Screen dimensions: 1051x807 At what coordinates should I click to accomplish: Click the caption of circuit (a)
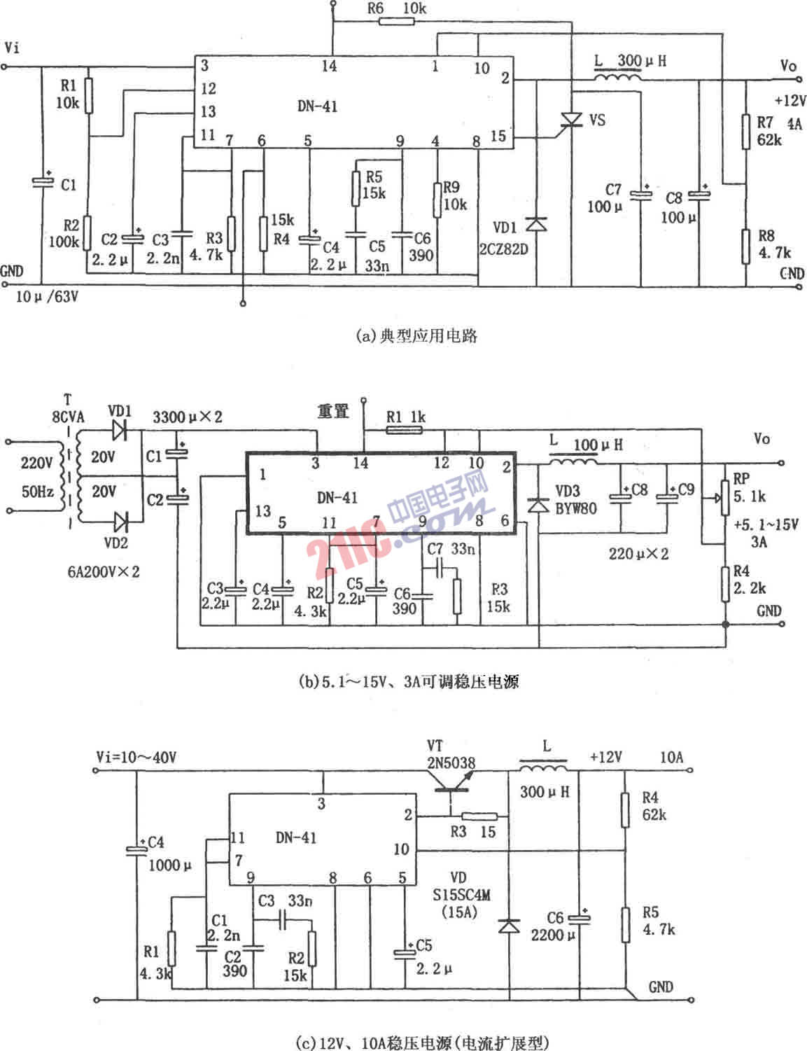click(416, 336)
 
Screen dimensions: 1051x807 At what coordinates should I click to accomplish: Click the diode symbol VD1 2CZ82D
click(536, 224)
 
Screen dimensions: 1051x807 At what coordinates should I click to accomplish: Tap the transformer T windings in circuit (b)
click(72, 475)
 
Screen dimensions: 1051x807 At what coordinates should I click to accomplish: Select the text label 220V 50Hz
click(37, 477)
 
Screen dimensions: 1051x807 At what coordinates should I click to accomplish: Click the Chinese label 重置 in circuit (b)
click(332, 412)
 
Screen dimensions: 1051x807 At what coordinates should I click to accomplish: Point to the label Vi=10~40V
click(136, 757)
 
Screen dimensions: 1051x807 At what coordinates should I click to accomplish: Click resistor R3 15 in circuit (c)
click(479, 816)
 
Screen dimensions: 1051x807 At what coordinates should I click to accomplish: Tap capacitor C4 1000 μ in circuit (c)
click(136, 851)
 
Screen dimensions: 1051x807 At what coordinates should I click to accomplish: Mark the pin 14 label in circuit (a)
click(329, 66)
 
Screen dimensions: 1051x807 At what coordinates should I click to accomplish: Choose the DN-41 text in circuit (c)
click(295, 837)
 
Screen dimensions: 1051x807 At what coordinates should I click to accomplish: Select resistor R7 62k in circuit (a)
click(747, 133)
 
